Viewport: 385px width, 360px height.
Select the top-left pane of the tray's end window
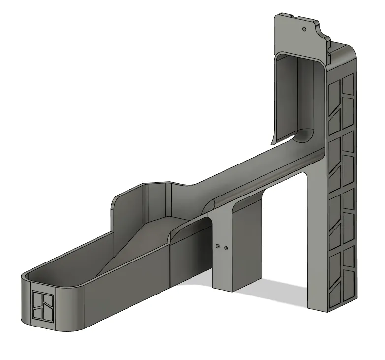coord(37,297)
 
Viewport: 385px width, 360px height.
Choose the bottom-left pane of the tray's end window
coord(37,312)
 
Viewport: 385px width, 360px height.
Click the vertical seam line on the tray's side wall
coord(169,266)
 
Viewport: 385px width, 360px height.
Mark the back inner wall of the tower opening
coord(305,94)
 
